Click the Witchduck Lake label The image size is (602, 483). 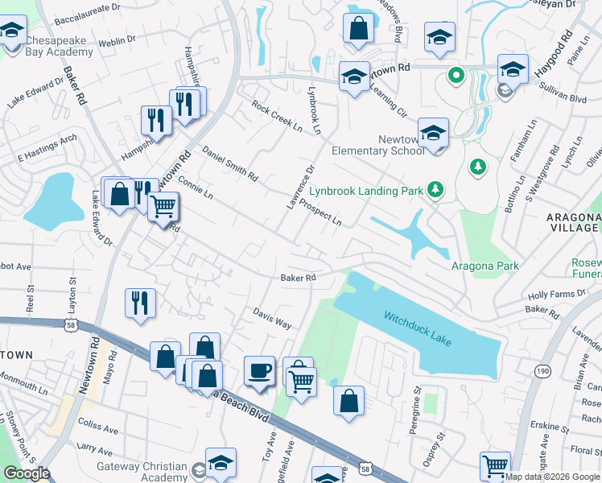pyautogui.click(x=417, y=328)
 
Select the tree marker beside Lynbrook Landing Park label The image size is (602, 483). pyautogui.click(x=435, y=189)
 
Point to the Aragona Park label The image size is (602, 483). pyautogui.click(x=484, y=266)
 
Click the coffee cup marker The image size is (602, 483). pyautogui.click(x=259, y=371)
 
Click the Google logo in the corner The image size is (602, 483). pyautogui.click(x=26, y=473)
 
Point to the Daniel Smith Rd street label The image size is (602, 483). pyautogui.click(x=229, y=163)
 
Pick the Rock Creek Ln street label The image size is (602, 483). pyautogui.click(x=276, y=117)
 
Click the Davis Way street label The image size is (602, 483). pyautogui.click(x=272, y=317)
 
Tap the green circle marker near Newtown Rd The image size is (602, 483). pyautogui.click(x=456, y=76)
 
